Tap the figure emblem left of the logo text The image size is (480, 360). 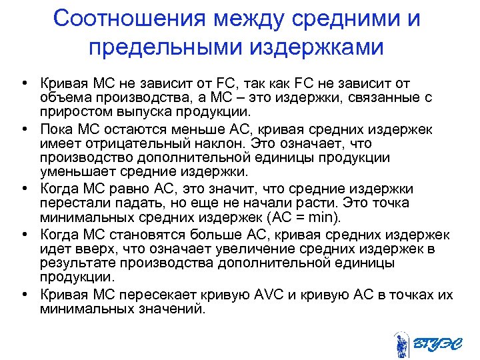click(x=402, y=344)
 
